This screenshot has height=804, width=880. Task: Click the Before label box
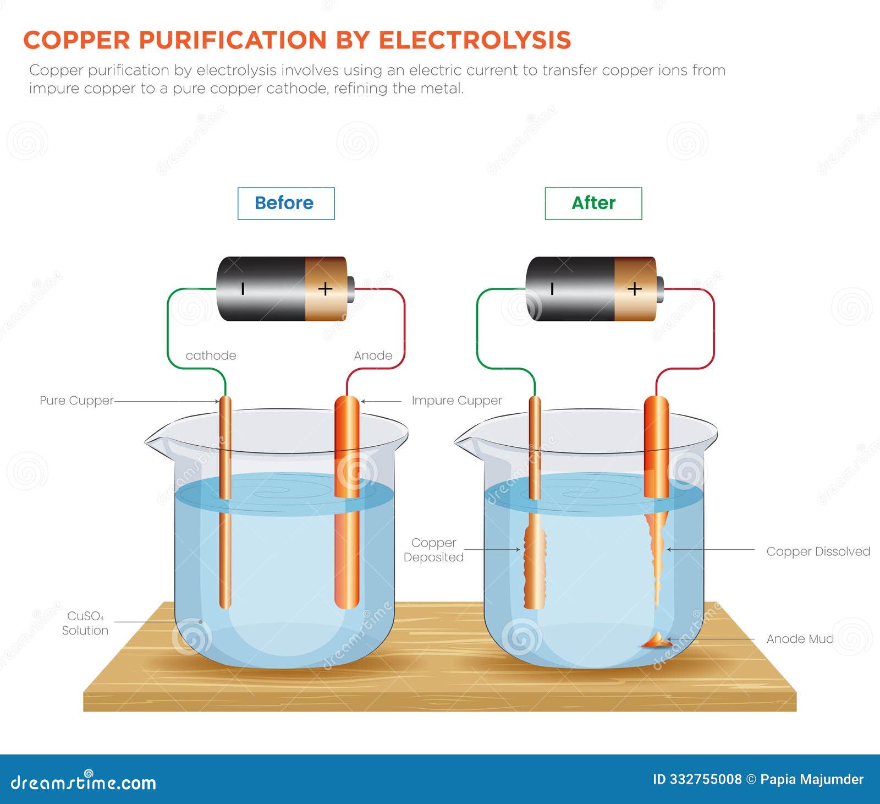click(x=285, y=203)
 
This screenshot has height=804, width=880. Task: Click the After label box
click(x=593, y=203)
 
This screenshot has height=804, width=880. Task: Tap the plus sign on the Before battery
click(x=325, y=288)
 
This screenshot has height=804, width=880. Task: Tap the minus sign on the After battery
click(x=552, y=288)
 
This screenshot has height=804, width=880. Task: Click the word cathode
click(x=211, y=355)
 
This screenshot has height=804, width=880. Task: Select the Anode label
click(x=373, y=355)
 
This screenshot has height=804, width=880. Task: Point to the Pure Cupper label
click(x=76, y=401)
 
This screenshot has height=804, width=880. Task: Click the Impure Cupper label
click(x=457, y=401)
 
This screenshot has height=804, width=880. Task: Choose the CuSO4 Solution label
click(x=85, y=623)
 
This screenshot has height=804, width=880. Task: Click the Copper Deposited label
click(x=433, y=550)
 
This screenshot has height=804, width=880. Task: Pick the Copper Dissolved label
click(x=818, y=551)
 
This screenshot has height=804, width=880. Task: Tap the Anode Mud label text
click(x=800, y=639)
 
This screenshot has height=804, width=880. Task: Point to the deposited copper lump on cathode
click(x=534, y=567)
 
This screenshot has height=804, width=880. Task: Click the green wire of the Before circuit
click(x=168, y=330)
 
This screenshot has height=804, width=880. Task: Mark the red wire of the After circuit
click(x=714, y=330)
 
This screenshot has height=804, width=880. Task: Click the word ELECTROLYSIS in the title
click(x=475, y=40)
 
